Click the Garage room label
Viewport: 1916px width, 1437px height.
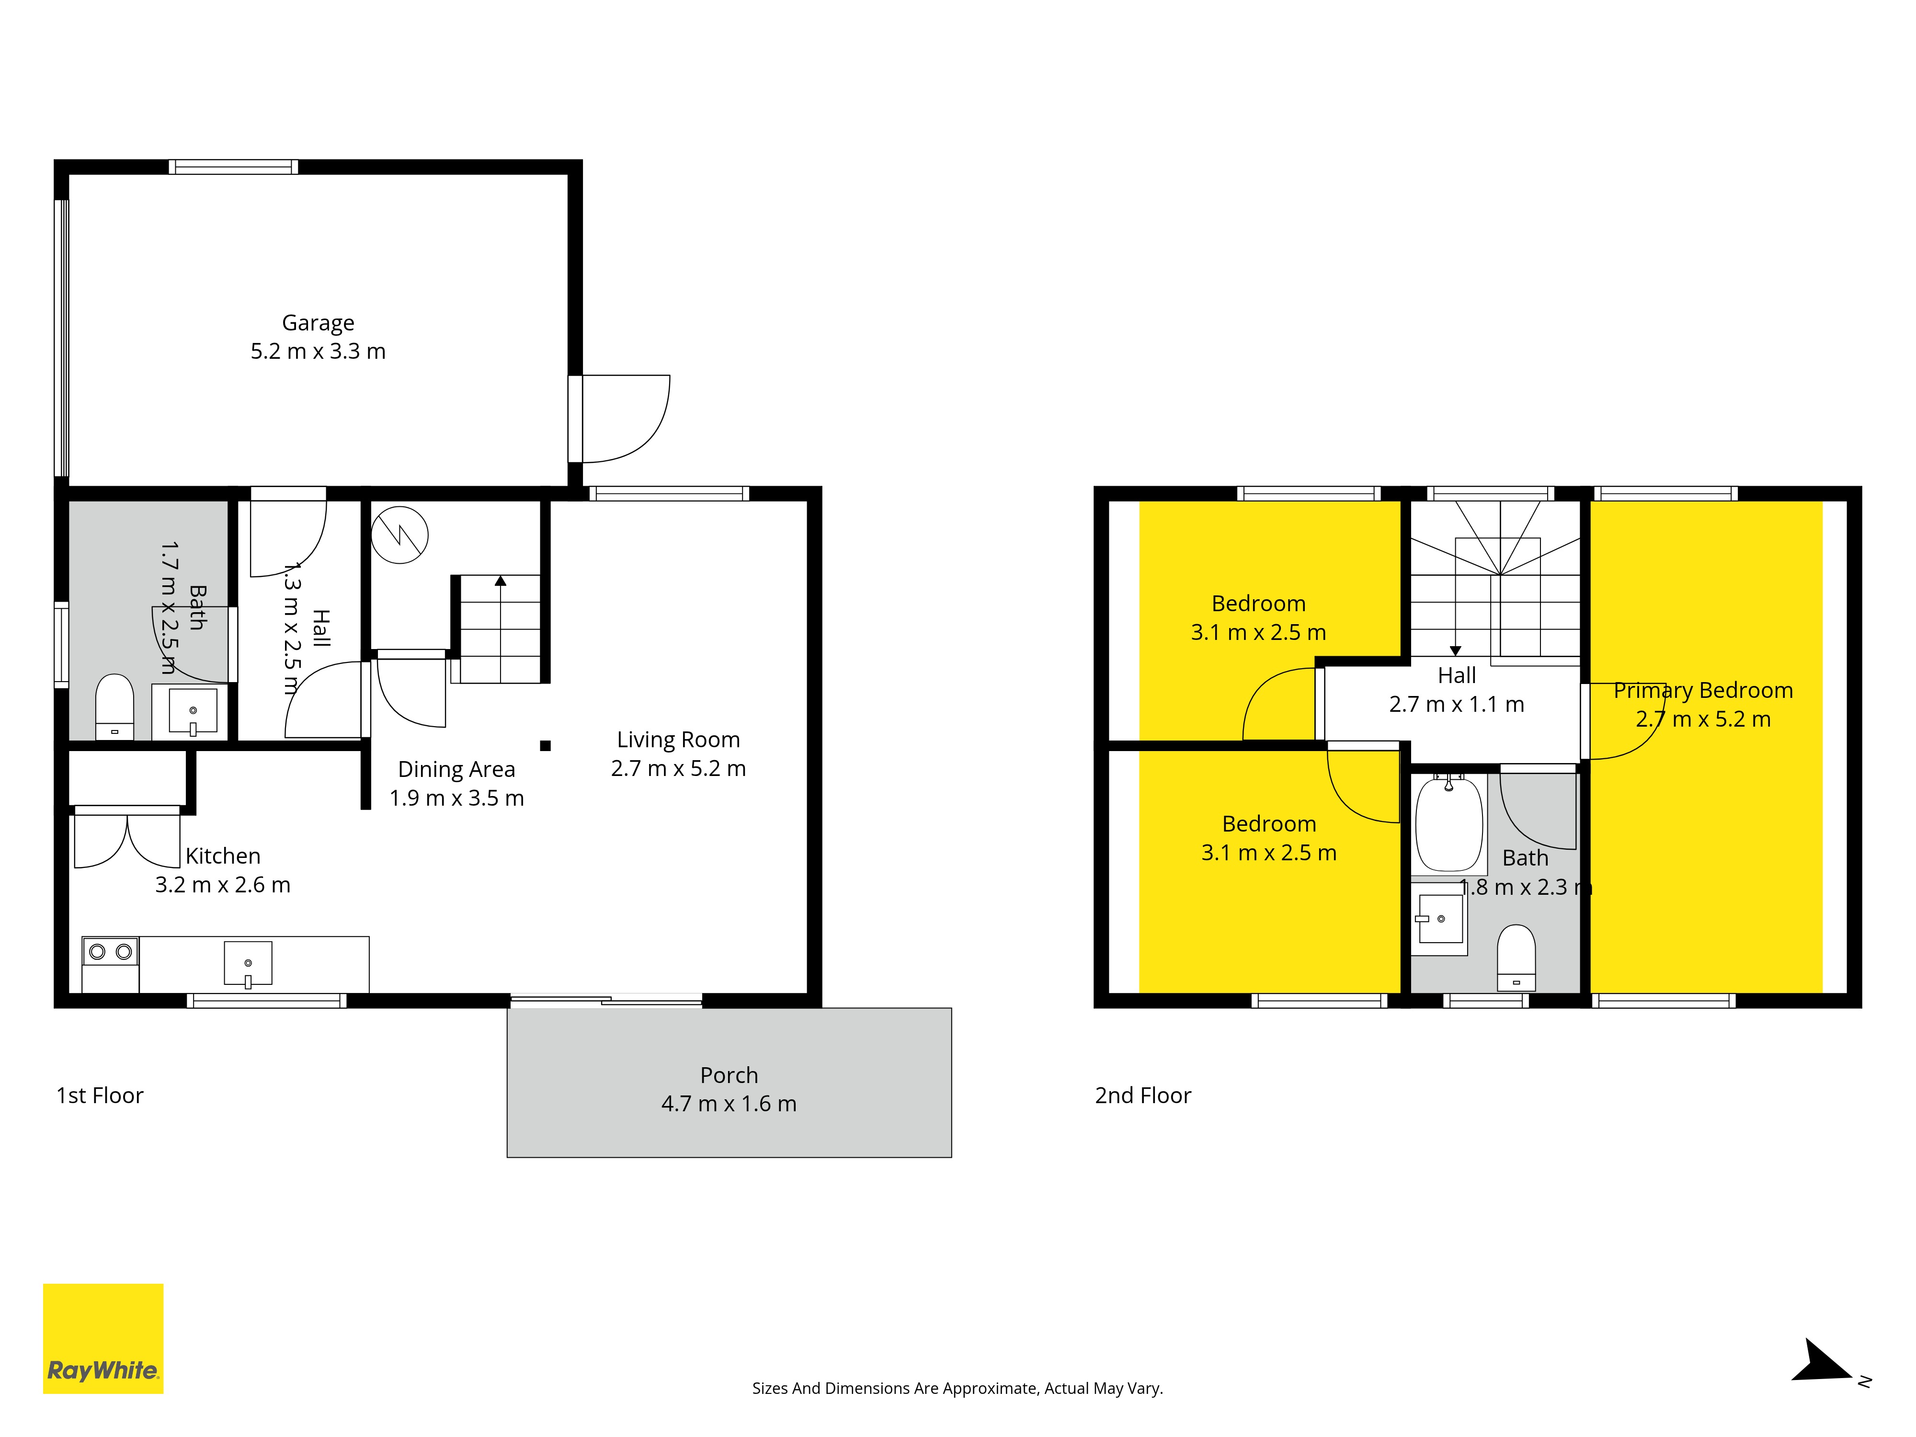tap(318, 323)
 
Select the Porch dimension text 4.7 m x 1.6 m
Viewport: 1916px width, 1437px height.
tap(729, 1104)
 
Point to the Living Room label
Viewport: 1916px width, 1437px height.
tap(678, 740)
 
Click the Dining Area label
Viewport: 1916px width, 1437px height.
tap(456, 769)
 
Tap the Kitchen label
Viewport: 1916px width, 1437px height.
tap(223, 856)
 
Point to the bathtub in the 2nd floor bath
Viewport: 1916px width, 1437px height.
tap(1448, 824)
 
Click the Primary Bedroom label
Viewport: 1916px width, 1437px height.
tap(1703, 690)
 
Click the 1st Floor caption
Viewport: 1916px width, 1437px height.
tap(100, 1096)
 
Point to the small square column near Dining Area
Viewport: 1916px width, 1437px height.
tap(545, 745)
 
